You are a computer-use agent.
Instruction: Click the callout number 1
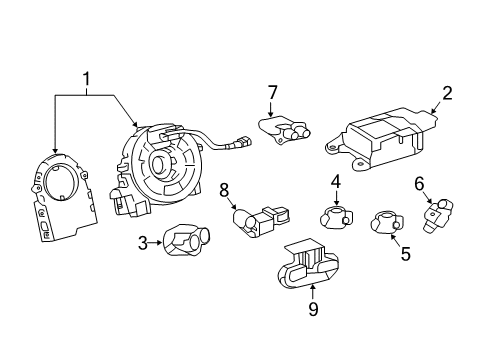click(x=87, y=78)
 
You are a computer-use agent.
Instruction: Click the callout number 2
click(x=447, y=94)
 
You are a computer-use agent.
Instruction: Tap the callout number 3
click(x=143, y=242)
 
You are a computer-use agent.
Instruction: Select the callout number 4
click(x=337, y=182)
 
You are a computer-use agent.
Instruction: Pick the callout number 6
click(x=420, y=182)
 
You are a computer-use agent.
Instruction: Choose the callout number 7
click(x=271, y=94)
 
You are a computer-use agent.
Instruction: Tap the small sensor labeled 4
click(x=335, y=214)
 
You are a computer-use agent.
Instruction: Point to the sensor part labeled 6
click(x=439, y=214)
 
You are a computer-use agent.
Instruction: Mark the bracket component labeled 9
click(x=307, y=263)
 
